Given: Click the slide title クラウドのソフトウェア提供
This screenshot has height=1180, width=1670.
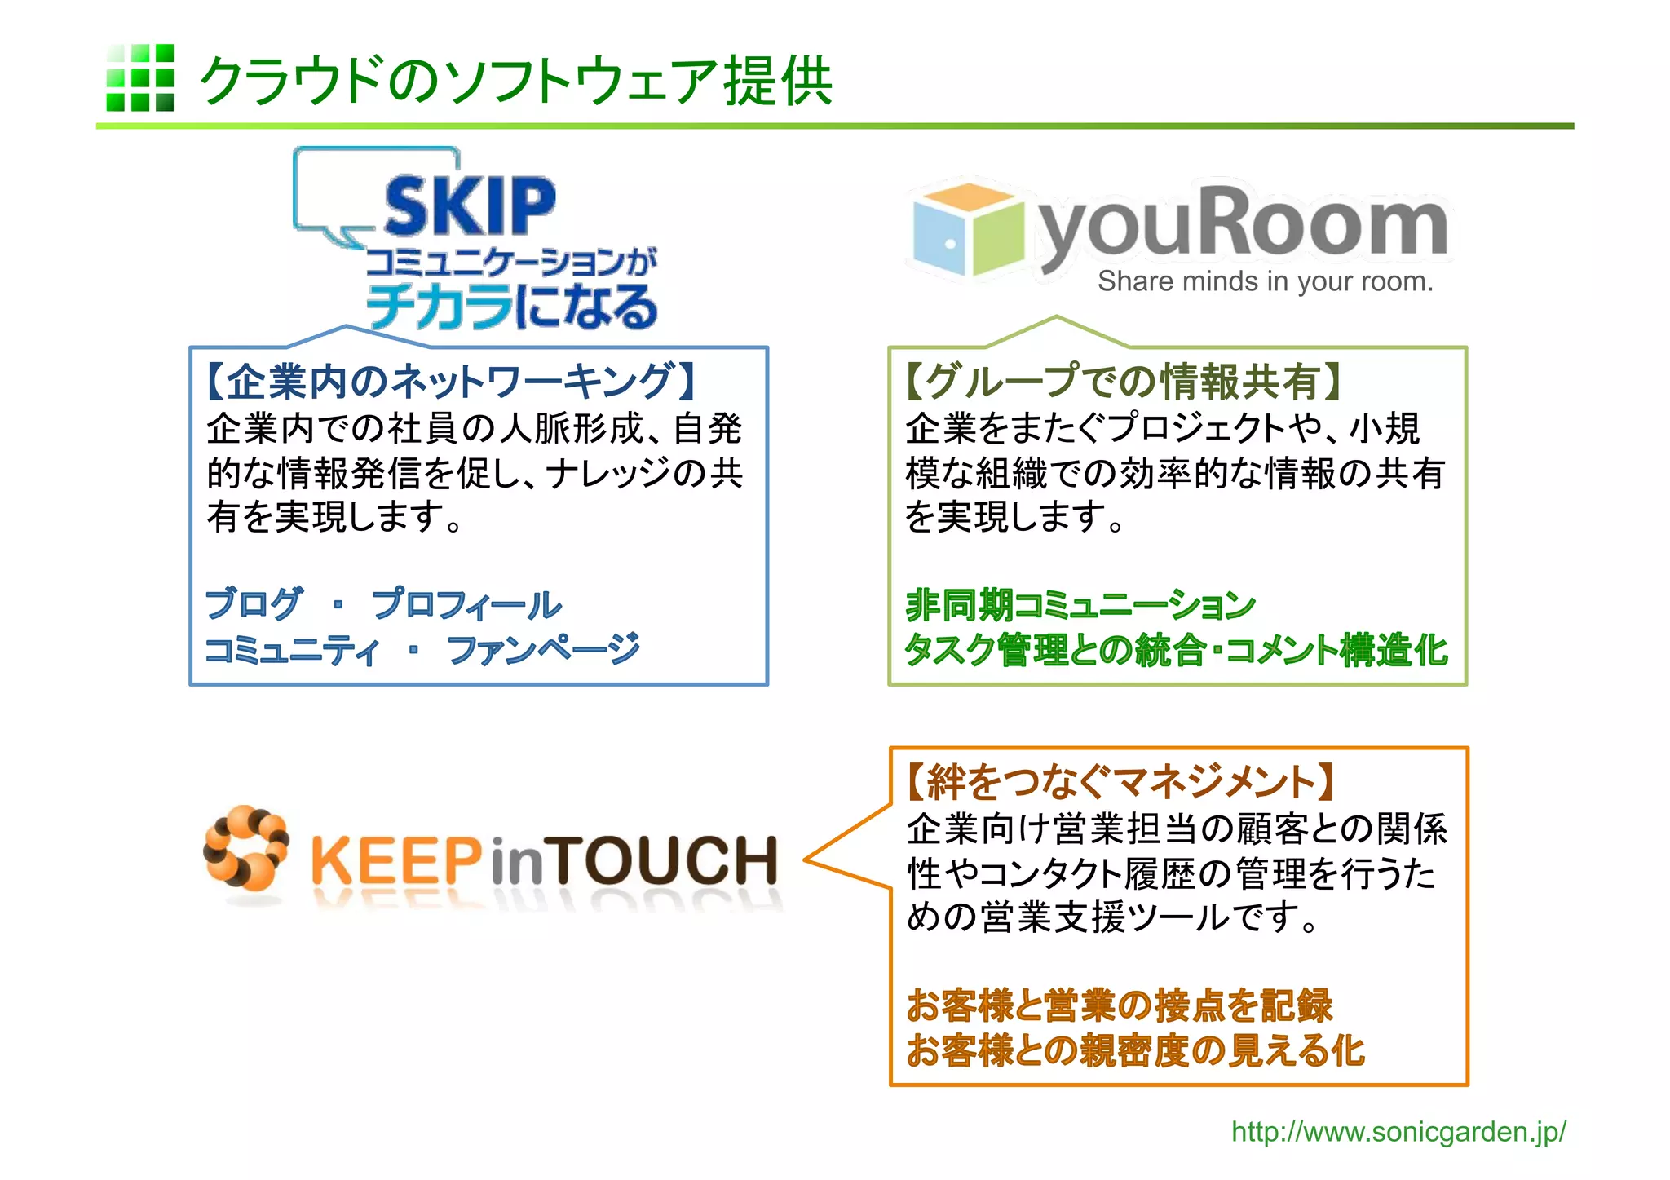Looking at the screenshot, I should (515, 81).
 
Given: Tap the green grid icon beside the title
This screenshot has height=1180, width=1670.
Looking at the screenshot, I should (139, 77).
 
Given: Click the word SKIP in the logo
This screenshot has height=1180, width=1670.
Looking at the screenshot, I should (470, 206).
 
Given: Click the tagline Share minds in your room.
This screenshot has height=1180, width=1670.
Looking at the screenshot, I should (1265, 281).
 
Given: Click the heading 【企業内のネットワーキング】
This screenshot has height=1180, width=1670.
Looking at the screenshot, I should (453, 381).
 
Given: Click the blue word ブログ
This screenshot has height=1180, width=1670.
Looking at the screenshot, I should (254, 604).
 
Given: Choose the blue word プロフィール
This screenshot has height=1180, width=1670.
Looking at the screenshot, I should (466, 604).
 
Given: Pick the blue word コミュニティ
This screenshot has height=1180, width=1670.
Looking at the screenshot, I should (292, 650).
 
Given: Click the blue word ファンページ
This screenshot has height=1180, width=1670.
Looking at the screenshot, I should (544, 650).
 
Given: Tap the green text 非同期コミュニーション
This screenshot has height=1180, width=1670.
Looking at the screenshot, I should (1080, 604).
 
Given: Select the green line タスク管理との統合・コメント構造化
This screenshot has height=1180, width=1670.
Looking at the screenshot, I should (1176, 650).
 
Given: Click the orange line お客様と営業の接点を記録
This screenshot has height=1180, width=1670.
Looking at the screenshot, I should (1119, 1005).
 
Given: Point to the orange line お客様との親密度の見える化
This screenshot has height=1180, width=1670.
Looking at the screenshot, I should (1135, 1050).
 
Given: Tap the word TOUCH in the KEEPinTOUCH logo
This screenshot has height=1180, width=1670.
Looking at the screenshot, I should (665, 861).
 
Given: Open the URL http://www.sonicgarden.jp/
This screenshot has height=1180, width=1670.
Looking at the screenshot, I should (1398, 1132).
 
